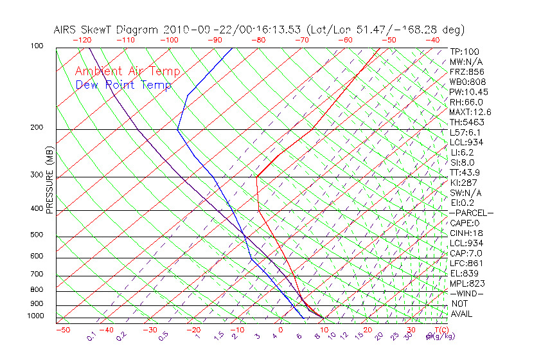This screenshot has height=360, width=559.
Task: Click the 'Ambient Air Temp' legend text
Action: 127,71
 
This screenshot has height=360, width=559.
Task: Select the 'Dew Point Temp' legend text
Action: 123,85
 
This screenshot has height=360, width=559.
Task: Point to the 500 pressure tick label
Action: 36,235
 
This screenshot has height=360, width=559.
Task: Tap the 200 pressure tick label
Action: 36,127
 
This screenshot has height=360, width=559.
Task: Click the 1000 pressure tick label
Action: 35,316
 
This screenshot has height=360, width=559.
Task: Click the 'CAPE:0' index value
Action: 466,222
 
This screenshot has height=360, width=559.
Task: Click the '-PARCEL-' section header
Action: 472,213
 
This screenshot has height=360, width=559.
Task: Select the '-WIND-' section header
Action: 466,293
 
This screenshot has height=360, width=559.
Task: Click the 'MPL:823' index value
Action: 467,283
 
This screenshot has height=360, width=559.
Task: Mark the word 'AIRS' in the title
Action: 66,30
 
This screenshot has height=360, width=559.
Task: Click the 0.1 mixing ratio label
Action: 91,336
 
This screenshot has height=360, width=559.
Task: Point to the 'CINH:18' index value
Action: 467,233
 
